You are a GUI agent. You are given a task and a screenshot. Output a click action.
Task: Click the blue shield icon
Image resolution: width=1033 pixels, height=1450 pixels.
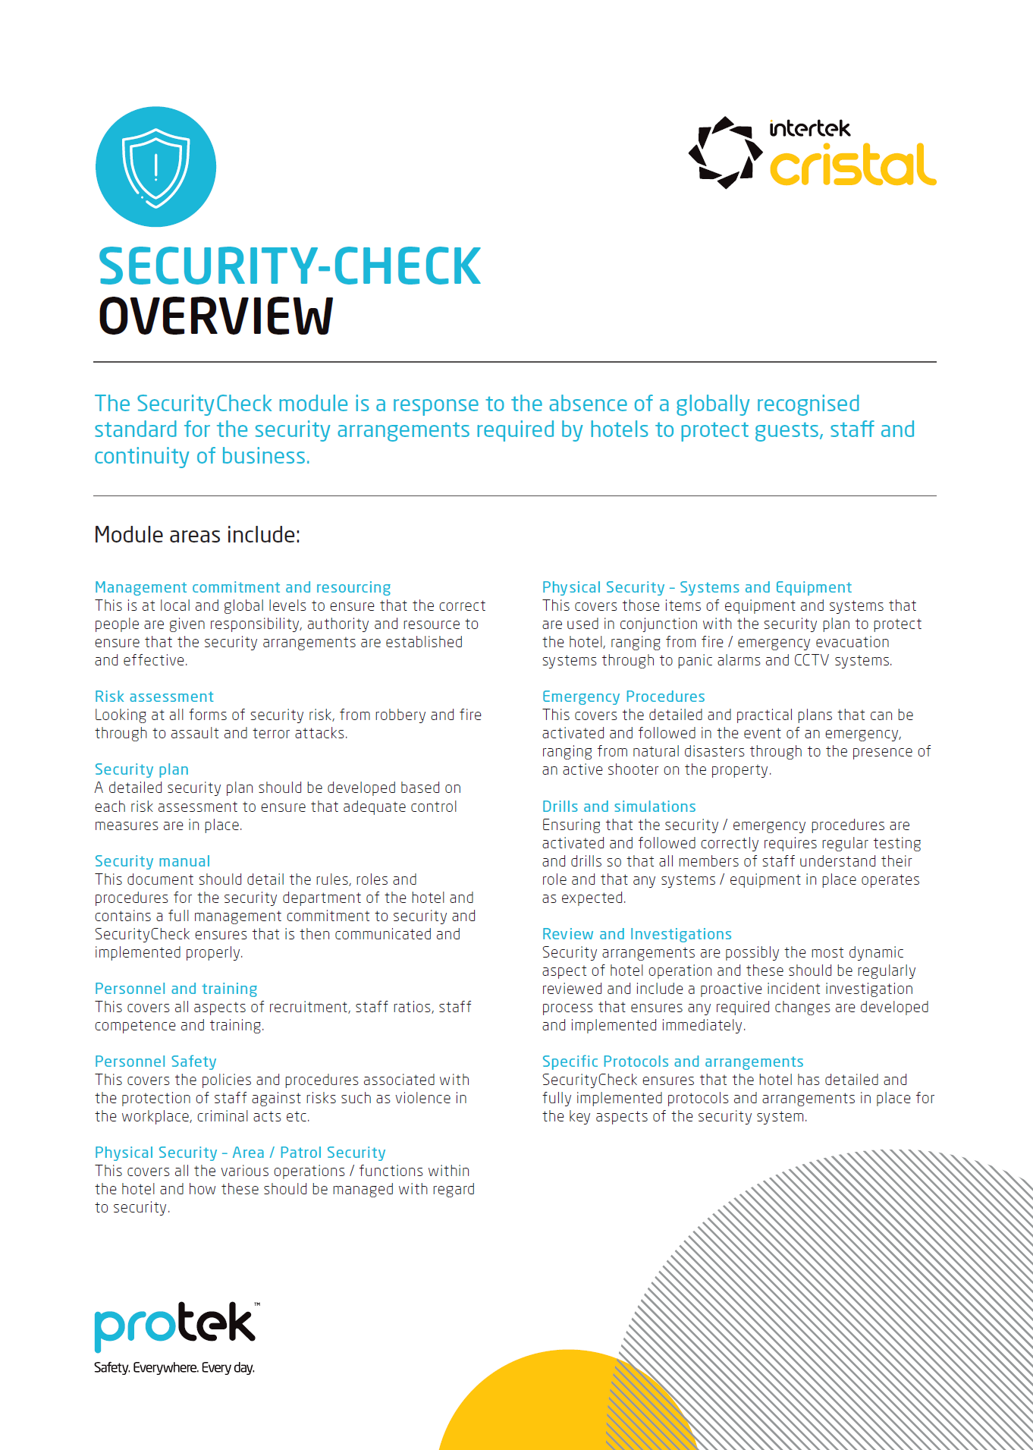tap(155, 167)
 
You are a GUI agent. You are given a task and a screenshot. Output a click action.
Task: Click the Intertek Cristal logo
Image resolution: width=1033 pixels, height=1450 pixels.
tap(812, 153)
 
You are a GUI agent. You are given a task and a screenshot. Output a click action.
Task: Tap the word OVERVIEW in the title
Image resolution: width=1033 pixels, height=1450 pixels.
tap(216, 317)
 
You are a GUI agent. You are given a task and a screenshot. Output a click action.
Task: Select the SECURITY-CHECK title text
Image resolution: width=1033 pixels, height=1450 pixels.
tap(289, 266)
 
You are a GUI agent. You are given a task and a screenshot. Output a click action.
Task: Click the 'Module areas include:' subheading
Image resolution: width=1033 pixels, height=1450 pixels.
tap(197, 535)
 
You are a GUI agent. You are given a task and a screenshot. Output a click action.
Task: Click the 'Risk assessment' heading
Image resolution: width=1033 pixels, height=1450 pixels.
tap(154, 697)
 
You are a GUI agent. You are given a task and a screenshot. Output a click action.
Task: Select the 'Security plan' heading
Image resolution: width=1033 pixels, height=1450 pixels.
tap(142, 769)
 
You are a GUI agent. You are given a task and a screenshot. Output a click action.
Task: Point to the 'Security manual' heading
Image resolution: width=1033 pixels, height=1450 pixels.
tap(152, 861)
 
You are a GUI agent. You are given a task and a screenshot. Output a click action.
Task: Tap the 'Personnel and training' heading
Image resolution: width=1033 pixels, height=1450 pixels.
tap(176, 989)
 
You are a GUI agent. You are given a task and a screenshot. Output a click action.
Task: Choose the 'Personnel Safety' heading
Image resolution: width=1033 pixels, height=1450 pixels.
tap(155, 1062)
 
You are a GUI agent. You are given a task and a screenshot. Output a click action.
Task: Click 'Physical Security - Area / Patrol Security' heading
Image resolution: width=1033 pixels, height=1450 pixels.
tap(240, 1153)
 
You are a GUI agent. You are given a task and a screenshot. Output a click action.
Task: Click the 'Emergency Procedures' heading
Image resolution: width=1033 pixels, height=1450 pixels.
tap(623, 697)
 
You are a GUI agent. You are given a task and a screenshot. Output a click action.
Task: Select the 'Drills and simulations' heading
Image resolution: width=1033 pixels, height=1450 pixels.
tap(619, 807)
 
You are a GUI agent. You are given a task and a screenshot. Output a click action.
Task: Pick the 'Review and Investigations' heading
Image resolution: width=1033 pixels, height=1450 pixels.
tap(637, 934)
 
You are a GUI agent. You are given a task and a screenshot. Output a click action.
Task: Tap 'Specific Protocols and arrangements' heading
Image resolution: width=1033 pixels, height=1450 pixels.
tap(673, 1062)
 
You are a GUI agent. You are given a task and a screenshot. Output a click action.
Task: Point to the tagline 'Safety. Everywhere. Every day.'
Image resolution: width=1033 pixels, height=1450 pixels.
tap(174, 1368)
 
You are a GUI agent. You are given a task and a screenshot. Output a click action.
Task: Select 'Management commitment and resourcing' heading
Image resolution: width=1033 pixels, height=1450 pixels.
tap(243, 587)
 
